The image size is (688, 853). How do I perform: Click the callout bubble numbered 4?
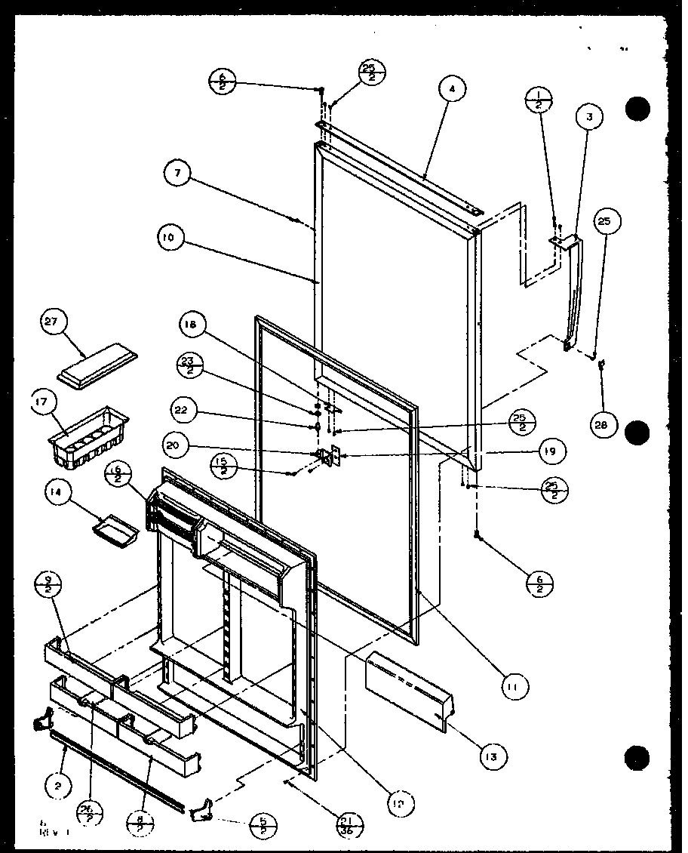click(x=451, y=89)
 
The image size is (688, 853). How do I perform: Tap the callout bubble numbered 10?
click(x=170, y=237)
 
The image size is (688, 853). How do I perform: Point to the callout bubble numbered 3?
click(x=589, y=117)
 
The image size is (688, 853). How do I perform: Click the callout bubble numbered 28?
click(x=603, y=424)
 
